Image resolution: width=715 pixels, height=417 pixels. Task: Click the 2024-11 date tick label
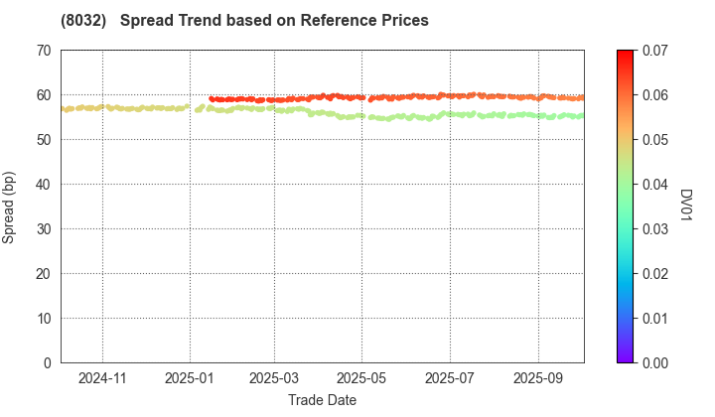(x=102, y=378)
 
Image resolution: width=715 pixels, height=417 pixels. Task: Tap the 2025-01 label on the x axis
(x=190, y=378)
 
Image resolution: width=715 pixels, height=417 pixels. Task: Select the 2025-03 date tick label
(x=274, y=378)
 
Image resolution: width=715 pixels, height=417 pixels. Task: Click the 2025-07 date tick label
(x=449, y=378)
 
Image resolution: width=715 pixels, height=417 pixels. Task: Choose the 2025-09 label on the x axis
(x=538, y=378)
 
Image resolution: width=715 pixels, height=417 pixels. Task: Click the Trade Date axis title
(x=322, y=400)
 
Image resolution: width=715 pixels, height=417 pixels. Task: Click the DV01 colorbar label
(x=685, y=207)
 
